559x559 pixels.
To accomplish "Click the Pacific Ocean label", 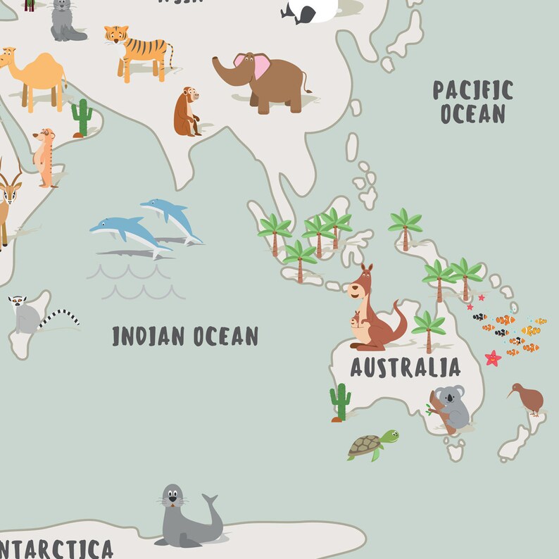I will click(x=472, y=101).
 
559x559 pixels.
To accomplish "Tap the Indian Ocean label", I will click(x=185, y=336).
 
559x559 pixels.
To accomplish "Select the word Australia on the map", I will click(x=405, y=367).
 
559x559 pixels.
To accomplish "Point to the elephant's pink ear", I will click(x=261, y=65).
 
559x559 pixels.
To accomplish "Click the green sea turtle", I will click(x=371, y=445).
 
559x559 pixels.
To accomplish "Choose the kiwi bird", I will click(x=527, y=398).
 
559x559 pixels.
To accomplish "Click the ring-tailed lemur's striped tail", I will click(x=59, y=318).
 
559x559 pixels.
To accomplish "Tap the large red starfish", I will click(x=493, y=358).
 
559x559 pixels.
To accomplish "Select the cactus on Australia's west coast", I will click(x=340, y=401).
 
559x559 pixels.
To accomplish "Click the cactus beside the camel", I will click(x=82, y=117).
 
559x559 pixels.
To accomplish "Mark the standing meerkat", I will click(x=46, y=156).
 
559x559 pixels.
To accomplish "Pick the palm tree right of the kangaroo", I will click(x=429, y=329).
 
